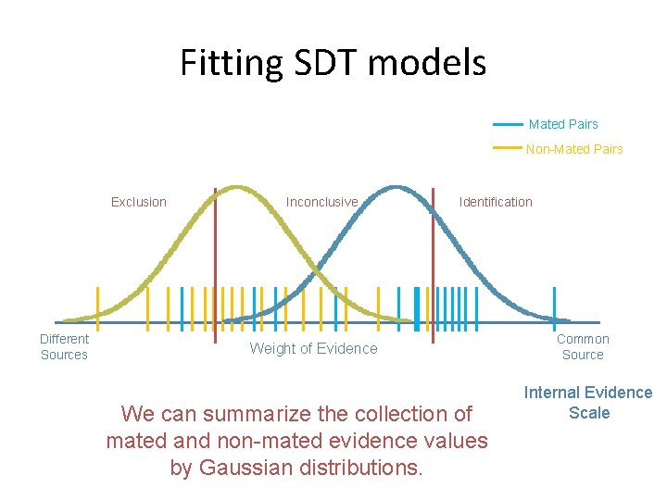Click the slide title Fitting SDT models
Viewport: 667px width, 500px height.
(x=333, y=63)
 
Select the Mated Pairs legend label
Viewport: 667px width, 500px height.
(x=562, y=124)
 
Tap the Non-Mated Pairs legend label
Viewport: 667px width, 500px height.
(x=574, y=149)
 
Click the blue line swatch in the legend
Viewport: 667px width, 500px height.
(x=508, y=124)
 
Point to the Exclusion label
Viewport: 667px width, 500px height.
(x=139, y=202)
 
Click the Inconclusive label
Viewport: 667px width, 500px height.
(x=321, y=202)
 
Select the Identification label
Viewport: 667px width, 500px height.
(x=496, y=202)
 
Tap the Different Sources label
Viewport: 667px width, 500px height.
(x=64, y=346)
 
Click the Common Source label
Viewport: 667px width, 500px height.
(x=583, y=346)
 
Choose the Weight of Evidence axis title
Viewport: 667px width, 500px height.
(x=314, y=348)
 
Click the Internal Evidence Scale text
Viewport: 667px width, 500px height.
(x=588, y=403)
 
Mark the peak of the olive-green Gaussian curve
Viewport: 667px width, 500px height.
(x=238, y=188)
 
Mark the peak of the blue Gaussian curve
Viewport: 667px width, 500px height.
(x=396, y=188)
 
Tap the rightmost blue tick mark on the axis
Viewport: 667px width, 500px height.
(x=554, y=306)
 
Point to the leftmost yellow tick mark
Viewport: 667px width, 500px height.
(x=96, y=306)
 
